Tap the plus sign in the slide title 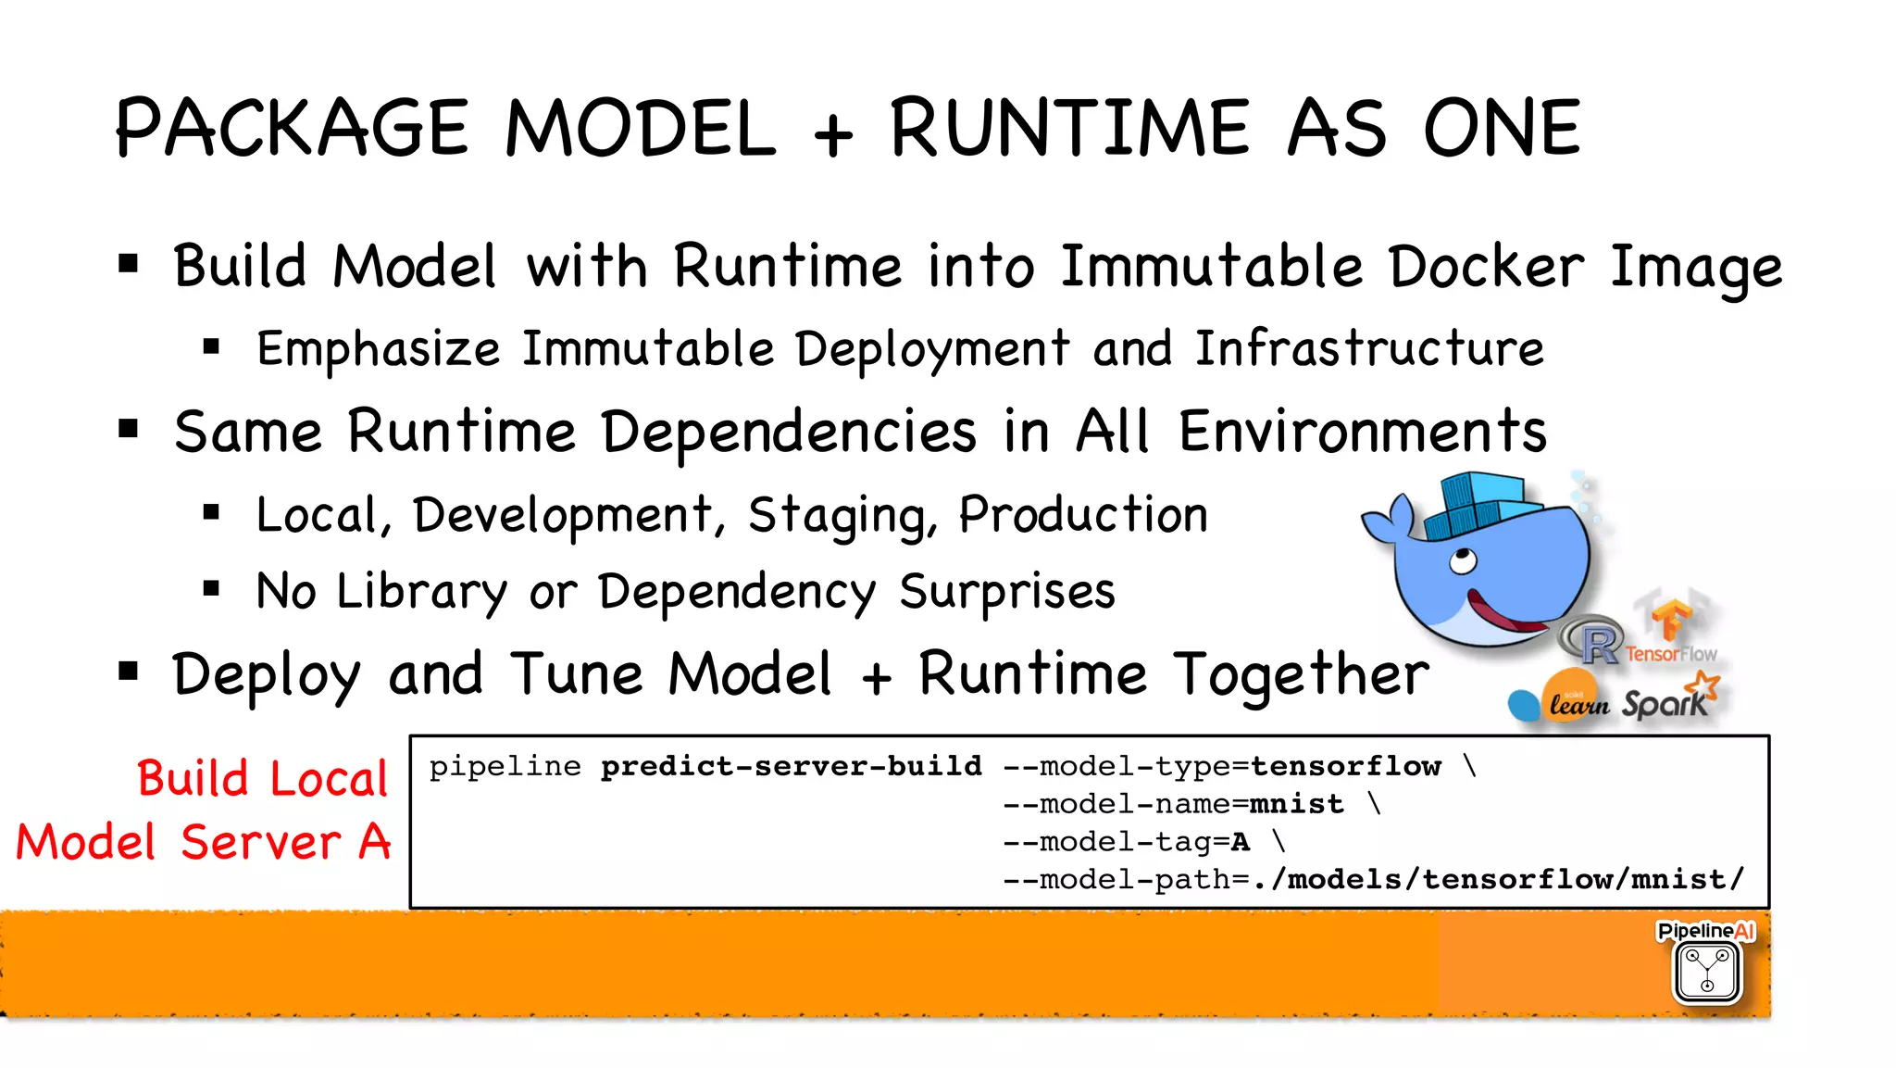click(x=832, y=134)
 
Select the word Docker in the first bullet click(x=1486, y=267)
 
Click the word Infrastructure click(x=1368, y=349)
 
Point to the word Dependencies click(x=788, y=433)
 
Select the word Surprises click(x=1007, y=592)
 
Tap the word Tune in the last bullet click(x=577, y=674)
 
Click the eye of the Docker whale click(x=1463, y=560)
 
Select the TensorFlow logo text click(x=1671, y=654)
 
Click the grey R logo click(x=1594, y=641)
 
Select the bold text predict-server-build click(x=791, y=766)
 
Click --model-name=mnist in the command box click(x=1173, y=804)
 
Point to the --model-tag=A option click(x=1127, y=842)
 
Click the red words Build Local click(x=262, y=778)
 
